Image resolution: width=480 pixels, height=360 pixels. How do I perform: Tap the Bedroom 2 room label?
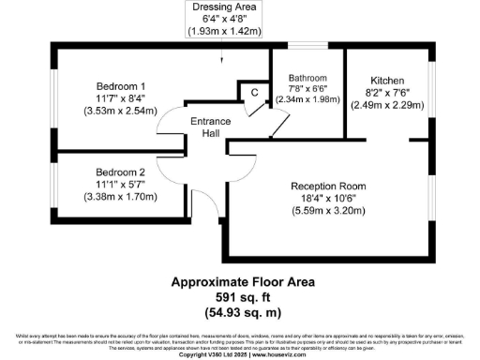click(x=120, y=172)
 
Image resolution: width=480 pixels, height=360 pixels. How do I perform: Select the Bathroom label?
click(x=307, y=78)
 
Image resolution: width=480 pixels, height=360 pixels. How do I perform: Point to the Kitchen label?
click(x=387, y=81)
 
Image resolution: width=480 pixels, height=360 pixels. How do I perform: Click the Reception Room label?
click(x=327, y=186)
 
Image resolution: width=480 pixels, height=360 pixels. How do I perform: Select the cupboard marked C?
click(x=254, y=92)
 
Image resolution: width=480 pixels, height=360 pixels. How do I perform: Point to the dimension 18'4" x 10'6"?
click(x=328, y=198)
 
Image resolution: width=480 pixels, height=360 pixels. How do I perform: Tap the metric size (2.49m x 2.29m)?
click(x=387, y=106)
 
